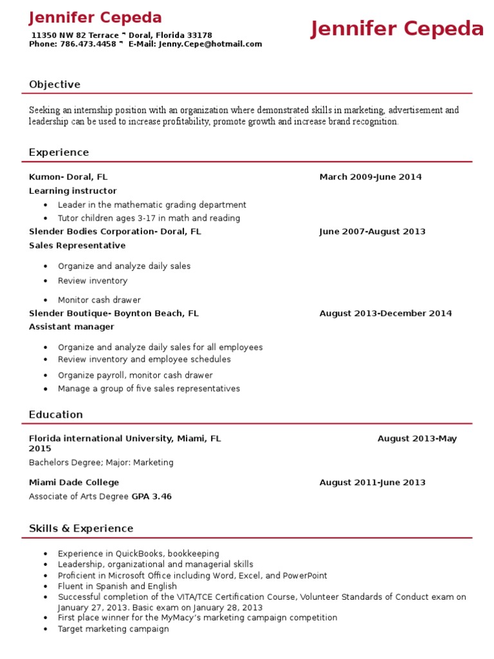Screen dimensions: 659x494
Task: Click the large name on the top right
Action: (x=397, y=30)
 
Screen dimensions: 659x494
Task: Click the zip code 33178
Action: (x=199, y=35)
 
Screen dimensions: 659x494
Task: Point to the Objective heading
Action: (x=55, y=84)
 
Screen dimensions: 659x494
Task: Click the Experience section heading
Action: (x=59, y=153)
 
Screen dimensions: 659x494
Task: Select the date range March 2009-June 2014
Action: (x=370, y=177)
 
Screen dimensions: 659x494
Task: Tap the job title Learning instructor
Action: (x=73, y=191)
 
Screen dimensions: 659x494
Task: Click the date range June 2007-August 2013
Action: (x=372, y=232)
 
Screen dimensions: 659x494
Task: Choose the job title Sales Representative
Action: (x=77, y=246)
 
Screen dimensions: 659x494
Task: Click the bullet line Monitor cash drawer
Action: (x=99, y=300)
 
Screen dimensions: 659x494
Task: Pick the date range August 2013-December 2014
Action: (x=385, y=313)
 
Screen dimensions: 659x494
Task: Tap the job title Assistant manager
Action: (x=71, y=327)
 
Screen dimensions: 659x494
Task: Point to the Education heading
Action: (x=56, y=414)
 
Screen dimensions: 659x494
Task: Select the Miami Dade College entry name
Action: (x=74, y=483)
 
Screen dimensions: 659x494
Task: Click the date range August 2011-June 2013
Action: (x=372, y=483)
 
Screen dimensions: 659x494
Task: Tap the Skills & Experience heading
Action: (x=81, y=528)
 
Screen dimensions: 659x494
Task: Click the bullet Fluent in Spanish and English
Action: (x=117, y=586)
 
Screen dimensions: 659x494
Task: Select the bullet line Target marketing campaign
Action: (x=113, y=629)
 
